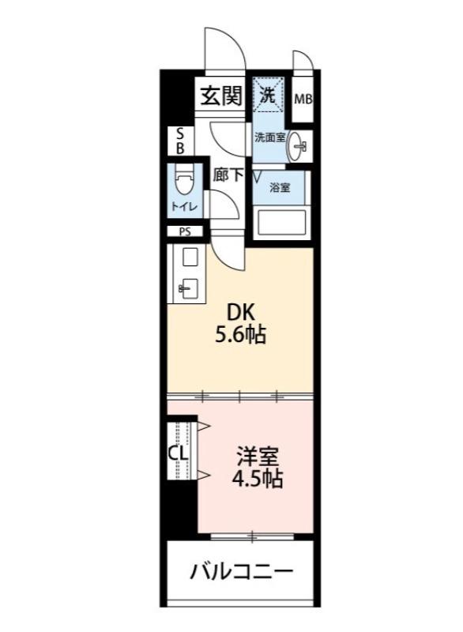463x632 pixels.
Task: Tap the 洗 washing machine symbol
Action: [x=269, y=95]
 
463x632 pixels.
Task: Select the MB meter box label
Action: [x=303, y=100]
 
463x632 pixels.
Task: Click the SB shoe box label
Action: [x=179, y=141]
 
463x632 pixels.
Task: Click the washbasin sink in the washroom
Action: [x=299, y=145]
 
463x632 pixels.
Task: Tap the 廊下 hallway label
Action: [x=229, y=175]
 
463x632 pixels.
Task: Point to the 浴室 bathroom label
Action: [x=280, y=188]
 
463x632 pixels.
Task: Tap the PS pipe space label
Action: [x=184, y=232]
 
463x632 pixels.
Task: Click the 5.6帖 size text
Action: [x=240, y=335]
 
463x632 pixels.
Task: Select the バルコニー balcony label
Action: [x=241, y=570]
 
